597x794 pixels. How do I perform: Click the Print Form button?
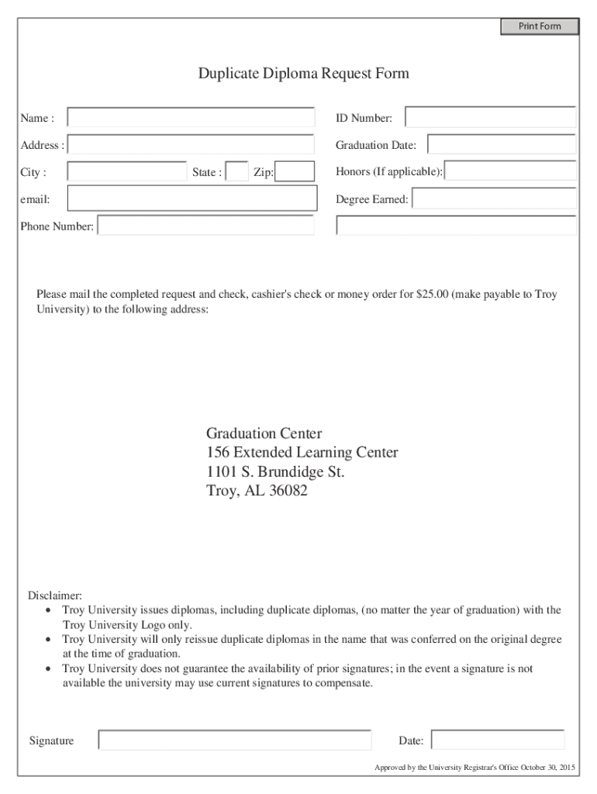[539, 26]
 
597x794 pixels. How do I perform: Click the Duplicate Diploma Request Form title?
[303, 74]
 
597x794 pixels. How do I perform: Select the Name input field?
[191, 118]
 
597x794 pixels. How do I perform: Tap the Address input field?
[191, 145]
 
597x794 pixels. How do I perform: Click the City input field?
[126, 172]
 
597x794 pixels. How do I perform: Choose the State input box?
[236, 172]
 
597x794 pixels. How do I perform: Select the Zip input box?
[295, 172]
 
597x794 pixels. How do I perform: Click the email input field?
[192, 198]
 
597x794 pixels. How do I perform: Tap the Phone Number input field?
[205, 226]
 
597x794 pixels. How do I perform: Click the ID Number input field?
[490, 118]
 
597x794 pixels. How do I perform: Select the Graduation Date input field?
[501, 145]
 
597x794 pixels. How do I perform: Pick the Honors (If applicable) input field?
[510, 171]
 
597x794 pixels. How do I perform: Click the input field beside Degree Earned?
[494, 199]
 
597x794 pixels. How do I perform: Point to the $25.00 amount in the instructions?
[432, 295]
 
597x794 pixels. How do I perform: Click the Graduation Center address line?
[264, 433]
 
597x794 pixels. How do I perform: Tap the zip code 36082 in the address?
[288, 491]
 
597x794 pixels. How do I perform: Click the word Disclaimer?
[55, 595]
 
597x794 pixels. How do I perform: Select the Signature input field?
[235, 740]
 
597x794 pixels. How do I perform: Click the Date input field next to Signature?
[497, 740]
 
